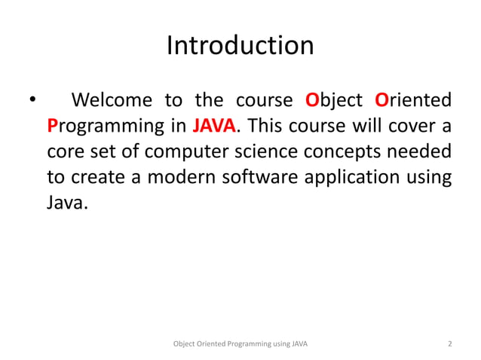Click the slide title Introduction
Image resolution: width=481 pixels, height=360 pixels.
tap(240, 46)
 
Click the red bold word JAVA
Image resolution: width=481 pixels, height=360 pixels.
tap(215, 125)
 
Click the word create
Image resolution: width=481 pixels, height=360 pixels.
tap(97, 177)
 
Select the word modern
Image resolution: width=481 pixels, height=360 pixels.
tap(179, 177)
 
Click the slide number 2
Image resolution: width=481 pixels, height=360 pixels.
tap(449, 344)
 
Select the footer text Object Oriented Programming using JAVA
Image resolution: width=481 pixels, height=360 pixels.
tap(240, 344)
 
